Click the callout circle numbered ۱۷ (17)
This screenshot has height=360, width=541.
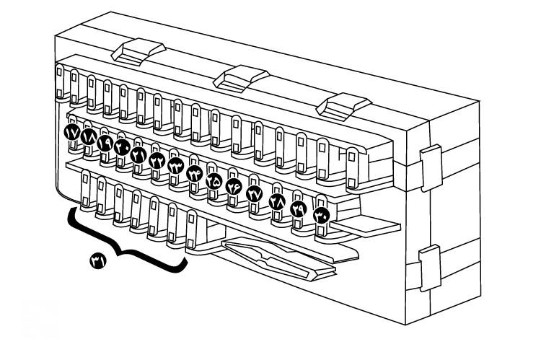pyautogui.click(x=73, y=132)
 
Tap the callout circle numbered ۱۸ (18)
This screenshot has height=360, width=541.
pyautogui.click(x=89, y=138)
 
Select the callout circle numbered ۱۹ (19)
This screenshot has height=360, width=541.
pyautogui.click(x=105, y=143)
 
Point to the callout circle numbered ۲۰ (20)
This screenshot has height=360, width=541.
pyautogui.click(x=122, y=149)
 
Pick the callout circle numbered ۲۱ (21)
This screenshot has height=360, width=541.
pyautogui.click(x=138, y=154)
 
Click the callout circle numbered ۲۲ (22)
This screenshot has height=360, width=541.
pyautogui.click(x=157, y=160)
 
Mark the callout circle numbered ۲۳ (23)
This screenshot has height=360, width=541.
pyautogui.click(x=175, y=165)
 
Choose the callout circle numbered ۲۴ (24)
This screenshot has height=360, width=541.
pyautogui.click(x=195, y=172)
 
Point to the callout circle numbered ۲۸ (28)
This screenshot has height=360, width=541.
pyautogui.click(x=278, y=202)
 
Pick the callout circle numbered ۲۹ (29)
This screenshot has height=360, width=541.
pyautogui.click(x=299, y=208)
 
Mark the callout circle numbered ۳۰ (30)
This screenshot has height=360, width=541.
pyautogui.click(x=322, y=214)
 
